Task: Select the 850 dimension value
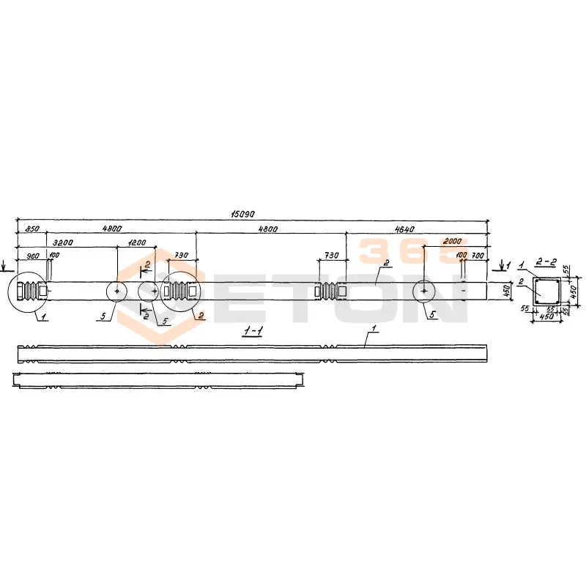point(31,229)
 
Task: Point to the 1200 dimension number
point(136,242)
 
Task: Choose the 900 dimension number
point(32,256)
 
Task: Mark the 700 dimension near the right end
point(478,256)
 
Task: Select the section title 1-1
point(252,332)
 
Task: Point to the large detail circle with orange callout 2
point(182,291)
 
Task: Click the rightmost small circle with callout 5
point(424,291)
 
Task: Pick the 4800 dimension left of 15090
point(112,229)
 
